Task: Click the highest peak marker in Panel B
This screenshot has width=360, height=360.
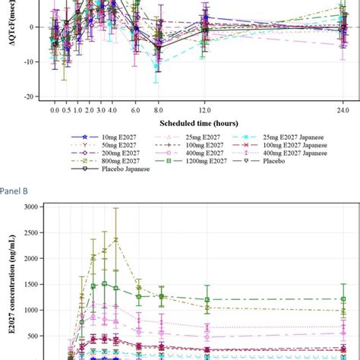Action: tap(116, 239)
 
